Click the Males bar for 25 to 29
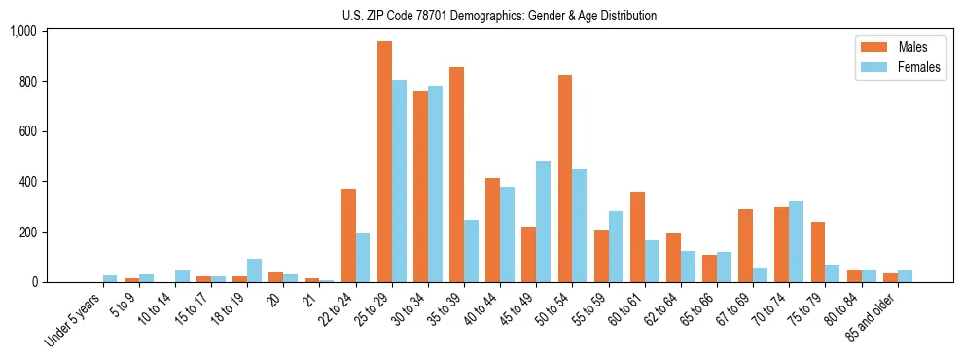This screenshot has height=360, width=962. pos(384,162)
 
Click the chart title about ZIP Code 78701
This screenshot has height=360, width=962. pos(499,16)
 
